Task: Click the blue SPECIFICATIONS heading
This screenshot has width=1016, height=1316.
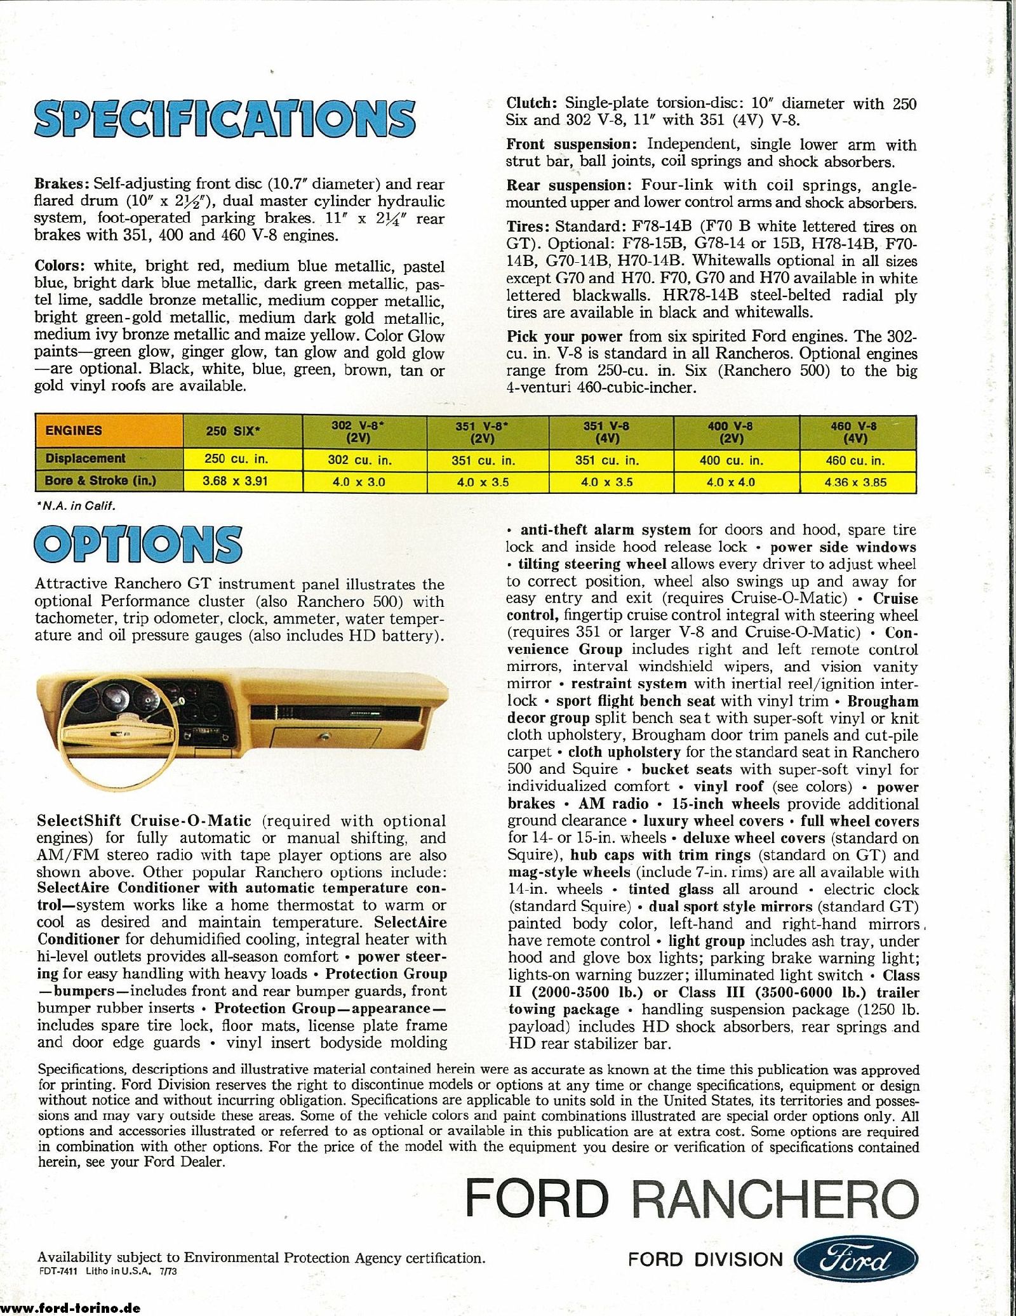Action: click(x=225, y=119)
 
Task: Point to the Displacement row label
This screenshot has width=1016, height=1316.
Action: click(x=86, y=458)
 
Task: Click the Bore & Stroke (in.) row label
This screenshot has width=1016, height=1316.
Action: click(x=100, y=481)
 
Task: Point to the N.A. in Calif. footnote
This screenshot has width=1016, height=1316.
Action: click(x=76, y=505)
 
